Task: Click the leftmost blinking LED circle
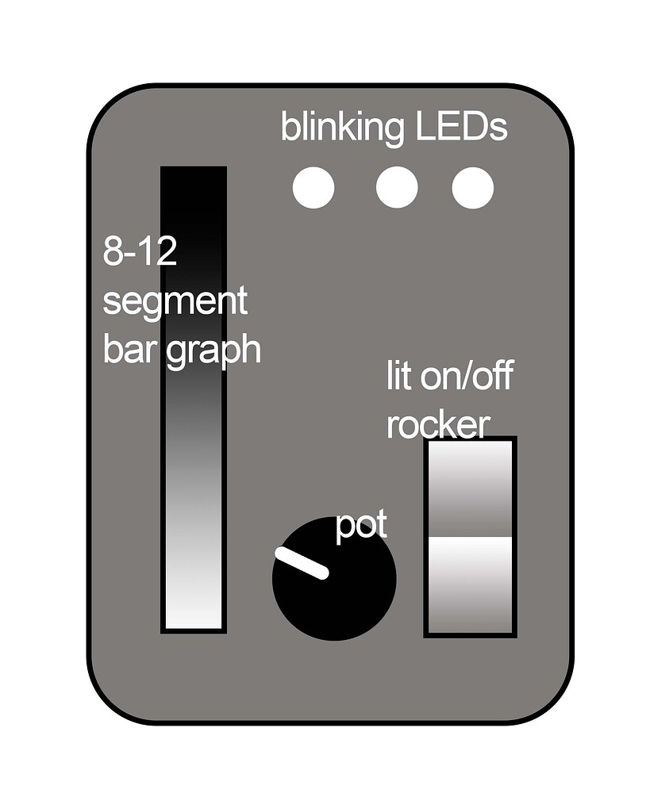pyautogui.click(x=313, y=187)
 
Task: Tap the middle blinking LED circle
pyautogui.click(x=397, y=187)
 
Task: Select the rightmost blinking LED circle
pyautogui.click(x=473, y=187)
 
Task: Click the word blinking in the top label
pyautogui.click(x=343, y=128)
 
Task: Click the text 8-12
pyautogui.click(x=140, y=251)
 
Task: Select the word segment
pyautogui.click(x=175, y=302)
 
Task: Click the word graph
pyautogui.click(x=213, y=351)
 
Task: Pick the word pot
pyautogui.click(x=361, y=527)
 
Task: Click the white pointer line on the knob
pyautogui.click(x=302, y=563)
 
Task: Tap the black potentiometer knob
pyautogui.click(x=334, y=578)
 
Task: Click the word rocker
pyautogui.click(x=438, y=425)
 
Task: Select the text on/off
pyautogui.click(x=467, y=376)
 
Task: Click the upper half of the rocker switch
pyautogui.click(x=471, y=488)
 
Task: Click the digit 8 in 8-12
pyautogui.click(x=113, y=251)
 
